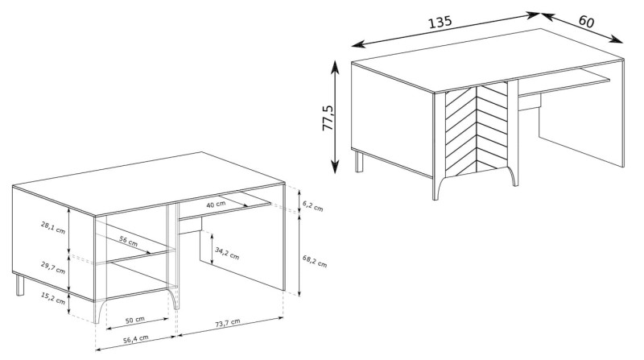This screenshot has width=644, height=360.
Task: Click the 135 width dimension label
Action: pos(440,22)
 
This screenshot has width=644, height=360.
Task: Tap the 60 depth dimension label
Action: pos(586,22)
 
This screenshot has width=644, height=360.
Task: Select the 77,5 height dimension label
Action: pos(328,118)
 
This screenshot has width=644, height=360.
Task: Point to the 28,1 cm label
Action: pos(53,227)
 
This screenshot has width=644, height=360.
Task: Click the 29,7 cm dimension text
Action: pos(53,268)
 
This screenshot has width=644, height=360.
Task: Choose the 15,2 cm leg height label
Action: pos(53,298)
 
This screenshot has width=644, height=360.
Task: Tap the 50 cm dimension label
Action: pos(134,319)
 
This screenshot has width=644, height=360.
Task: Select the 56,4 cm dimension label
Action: pos(135,338)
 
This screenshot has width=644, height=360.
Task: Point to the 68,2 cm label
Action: pos(315,262)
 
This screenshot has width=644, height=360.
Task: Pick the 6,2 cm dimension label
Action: pos(312,206)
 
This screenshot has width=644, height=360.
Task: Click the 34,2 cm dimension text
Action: pos(227,254)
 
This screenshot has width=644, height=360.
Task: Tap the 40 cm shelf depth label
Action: pos(216,204)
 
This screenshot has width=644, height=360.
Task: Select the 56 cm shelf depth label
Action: pos(129,242)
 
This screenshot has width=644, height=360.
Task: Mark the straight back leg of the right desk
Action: pos(359,161)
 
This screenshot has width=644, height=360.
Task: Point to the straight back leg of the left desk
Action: pos(19,285)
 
